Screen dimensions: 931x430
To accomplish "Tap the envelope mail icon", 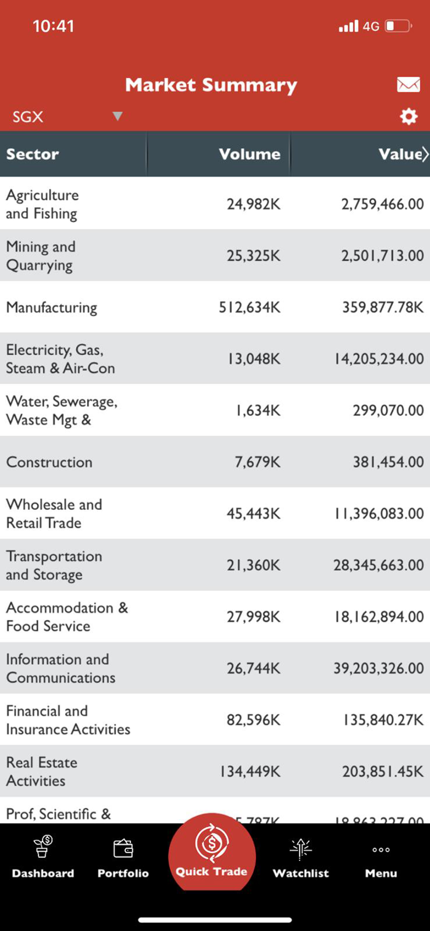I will point(408,84).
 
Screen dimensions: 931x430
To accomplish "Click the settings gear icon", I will point(409,116).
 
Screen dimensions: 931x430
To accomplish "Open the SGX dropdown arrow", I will point(117,116).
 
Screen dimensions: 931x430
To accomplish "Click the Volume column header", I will point(249,154).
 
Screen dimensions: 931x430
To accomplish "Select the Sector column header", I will point(33,154).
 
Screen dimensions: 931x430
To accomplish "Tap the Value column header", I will point(400,154).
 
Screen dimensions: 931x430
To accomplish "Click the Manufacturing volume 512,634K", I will point(249,307).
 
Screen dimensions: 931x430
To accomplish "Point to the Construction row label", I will point(49,462).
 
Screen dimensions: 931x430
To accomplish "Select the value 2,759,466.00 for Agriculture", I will point(383,204).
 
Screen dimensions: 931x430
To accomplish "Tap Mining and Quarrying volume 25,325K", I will point(254,256).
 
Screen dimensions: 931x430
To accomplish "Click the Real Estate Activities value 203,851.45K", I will point(383,771).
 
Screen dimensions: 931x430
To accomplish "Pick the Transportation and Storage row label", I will point(54,565).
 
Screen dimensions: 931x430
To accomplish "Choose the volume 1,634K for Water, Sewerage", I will point(258,411).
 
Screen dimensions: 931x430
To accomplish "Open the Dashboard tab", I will point(43,857).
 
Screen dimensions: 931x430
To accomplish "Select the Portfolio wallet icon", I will point(123,848).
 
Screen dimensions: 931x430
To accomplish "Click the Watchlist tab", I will point(301,857).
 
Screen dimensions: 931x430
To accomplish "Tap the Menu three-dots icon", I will point(381,850).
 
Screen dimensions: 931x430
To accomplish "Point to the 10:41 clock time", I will point(53,26).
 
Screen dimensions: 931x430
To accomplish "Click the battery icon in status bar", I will point(398,26).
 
